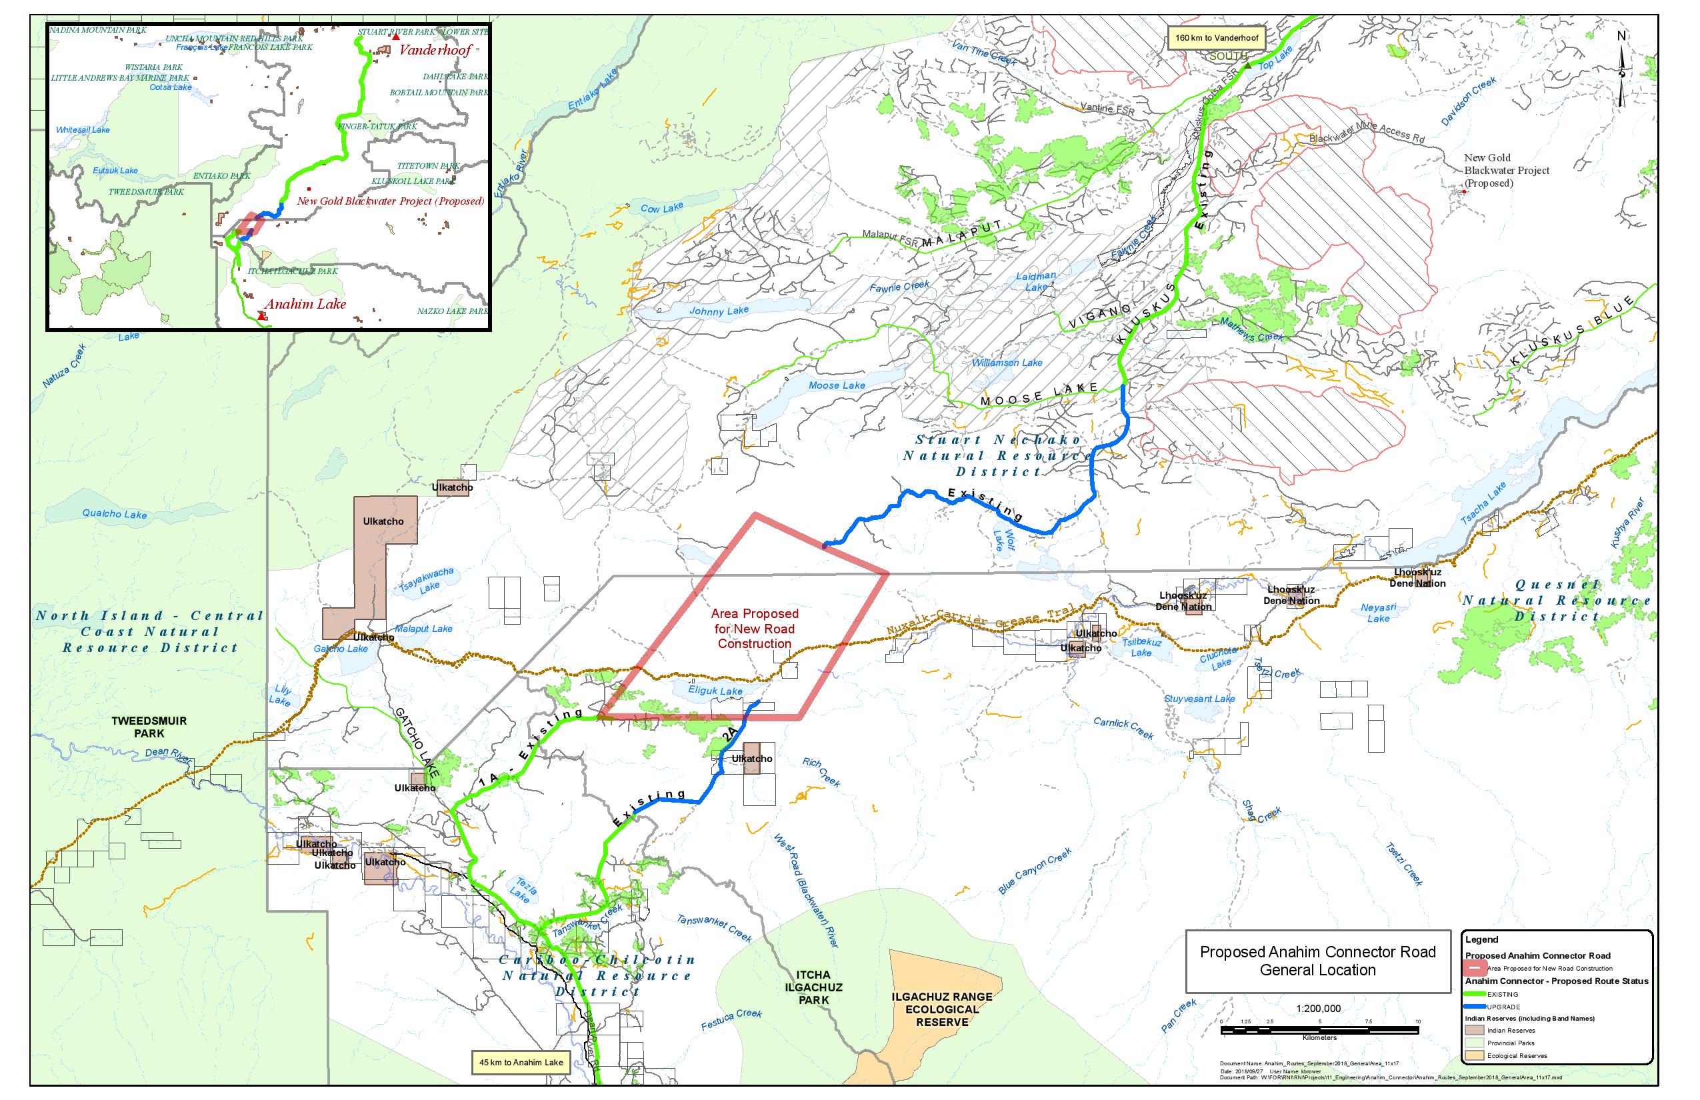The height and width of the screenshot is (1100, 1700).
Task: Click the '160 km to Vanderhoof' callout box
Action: coord(1217,38)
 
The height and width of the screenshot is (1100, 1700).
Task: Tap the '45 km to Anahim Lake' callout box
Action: coord(521,1062)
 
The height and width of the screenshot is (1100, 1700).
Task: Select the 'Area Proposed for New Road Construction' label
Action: coord(754,629)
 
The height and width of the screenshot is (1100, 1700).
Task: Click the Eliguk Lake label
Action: coord(715,691)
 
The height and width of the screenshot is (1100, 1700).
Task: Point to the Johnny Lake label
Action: coord(719,311)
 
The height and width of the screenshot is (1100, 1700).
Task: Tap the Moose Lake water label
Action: coord(837,386)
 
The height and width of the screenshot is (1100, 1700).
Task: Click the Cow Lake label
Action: coord(661,208)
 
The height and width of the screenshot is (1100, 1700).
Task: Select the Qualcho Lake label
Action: coord(114,513)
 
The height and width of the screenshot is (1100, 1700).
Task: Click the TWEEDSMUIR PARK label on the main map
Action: coord(149,727)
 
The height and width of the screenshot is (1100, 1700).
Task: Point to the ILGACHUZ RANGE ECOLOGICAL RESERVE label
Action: coord(941,1009)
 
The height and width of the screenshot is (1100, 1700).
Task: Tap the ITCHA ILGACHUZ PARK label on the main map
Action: coord(813,987)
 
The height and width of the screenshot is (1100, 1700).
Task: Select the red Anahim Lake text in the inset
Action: coord(305,304)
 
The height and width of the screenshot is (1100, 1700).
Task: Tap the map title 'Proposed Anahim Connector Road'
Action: coord(1317,952)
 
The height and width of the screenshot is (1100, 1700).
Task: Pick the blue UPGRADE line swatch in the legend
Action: coord(1475,1007)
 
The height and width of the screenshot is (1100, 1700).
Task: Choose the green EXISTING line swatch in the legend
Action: coord(1475,993)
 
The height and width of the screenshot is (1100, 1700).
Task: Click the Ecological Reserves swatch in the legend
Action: coord(1474,1055)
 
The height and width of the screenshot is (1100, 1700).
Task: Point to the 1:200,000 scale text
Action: coord(1318,1009)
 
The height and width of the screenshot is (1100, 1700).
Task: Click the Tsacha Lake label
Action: coord(1483,503)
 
